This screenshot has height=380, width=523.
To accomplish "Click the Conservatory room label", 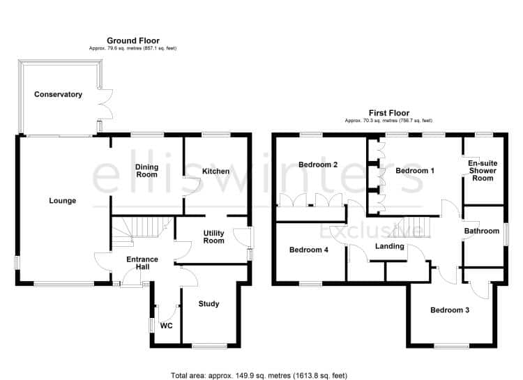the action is pos(58,94).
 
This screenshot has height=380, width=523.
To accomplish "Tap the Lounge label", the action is pos(62,201).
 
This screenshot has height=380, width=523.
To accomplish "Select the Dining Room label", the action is pos(146,171).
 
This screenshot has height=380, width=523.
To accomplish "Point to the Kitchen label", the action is pos(215,171).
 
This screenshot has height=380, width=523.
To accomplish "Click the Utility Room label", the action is pos(214,236).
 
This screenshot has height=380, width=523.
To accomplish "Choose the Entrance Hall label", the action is pos(142,263).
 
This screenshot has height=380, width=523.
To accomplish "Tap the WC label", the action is pos(166,326).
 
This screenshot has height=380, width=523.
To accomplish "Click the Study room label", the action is pos(209,303).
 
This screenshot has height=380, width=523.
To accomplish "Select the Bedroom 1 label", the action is pos(415,171).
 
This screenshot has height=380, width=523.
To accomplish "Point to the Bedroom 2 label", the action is pos(318,165).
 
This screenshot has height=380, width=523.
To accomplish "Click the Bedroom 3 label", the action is pos(450,310).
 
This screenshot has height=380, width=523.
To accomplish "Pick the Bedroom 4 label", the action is pos(308,250).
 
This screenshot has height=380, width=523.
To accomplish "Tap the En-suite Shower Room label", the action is pos(483,171).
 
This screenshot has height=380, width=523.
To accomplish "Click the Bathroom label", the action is pos(482,231).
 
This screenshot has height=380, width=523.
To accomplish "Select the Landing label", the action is pos(390,246).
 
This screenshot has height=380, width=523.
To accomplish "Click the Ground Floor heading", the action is pos(133,40).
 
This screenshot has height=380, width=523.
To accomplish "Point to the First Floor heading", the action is pos(389,113).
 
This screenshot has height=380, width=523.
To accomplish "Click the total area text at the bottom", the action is pos(259,376).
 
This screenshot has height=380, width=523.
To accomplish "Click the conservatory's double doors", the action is pos(105,104).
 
